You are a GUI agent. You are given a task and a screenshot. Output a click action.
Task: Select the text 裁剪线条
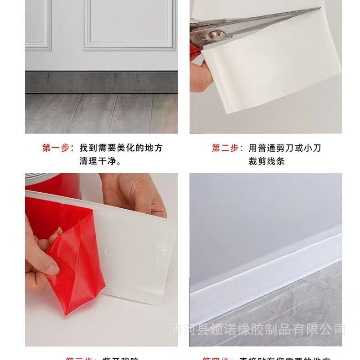pos(267,161)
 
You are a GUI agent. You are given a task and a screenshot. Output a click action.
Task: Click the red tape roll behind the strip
pos(55,182)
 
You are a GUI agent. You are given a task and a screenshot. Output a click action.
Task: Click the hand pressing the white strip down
pos(132,194)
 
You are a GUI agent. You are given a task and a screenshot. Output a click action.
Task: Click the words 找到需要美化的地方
pos(121,148)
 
